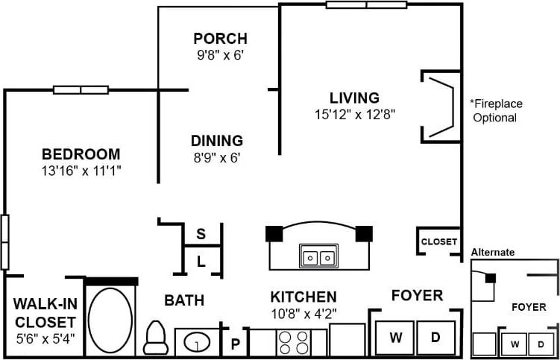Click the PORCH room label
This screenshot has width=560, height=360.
tap(220, 38)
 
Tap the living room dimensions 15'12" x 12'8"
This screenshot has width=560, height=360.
tap(354, 115)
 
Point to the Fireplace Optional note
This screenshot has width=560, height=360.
tap(494, 110)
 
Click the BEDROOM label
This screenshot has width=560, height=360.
tap(81, 154)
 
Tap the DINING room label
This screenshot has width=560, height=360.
tap(216, 140)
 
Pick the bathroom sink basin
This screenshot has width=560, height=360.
tap(197, 343)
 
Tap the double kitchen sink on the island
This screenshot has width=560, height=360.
tap(318, 257)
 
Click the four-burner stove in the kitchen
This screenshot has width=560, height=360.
tap(294, 343)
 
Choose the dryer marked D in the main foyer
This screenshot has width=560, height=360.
tap(436, 338)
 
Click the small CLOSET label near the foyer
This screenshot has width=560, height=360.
tap(439, 241)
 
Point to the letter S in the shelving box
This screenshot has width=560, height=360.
tap(201, 233)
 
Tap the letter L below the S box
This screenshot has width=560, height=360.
tap(201, 261)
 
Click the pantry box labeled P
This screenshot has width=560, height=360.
tap(235, 344)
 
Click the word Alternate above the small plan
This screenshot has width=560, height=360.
tap(492, 253)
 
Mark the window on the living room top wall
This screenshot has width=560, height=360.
tap(366, 4)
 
